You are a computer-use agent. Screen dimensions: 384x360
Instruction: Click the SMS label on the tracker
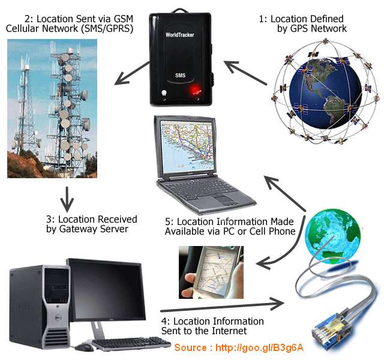pyautogui.click(x=181, y=77)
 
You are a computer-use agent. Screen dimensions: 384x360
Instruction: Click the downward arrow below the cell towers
pyautogui.click(x=67, y=196)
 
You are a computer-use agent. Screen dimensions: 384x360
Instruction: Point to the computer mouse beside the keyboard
pyautogui.click(x=84, y=347)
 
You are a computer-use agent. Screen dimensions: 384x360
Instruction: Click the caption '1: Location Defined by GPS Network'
pyautogui.click(x=302, y=23)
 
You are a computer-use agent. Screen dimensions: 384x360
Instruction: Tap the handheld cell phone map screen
pyautogui.click(x=215, y=270)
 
